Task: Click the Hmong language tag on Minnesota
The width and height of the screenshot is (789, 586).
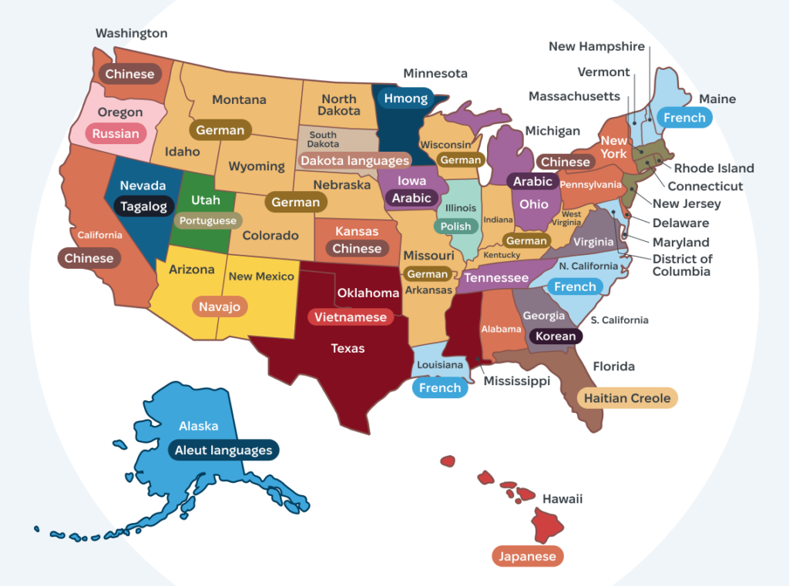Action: pos(405,99)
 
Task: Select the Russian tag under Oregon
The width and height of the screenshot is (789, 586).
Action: pos(116,134)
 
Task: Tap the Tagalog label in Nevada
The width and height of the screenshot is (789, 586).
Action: pos(143,206)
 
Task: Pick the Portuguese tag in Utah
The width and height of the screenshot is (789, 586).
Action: pos(207,221)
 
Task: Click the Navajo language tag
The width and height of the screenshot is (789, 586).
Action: pos(220,306)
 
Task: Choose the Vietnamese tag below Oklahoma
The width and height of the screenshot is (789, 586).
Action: pos(350,317)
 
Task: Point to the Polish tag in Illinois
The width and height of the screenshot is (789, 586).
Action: pos(455,226)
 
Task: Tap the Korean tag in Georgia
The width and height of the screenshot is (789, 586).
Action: pos(555,336)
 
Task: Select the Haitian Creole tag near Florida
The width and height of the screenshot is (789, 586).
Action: pos(627,398)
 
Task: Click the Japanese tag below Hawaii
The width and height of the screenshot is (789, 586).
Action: pos(528,556)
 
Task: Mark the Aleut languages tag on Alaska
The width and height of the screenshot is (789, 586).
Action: pos(223,450)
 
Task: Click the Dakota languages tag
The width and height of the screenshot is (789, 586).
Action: pos(354,161)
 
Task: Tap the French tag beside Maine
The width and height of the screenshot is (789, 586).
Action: pos(684,118)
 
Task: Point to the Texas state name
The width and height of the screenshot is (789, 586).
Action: pos(347,349)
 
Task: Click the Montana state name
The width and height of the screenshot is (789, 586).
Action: pos(239,99)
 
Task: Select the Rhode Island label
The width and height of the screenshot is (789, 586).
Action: pos(713,168)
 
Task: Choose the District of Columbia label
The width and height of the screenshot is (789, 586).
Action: pos(682,265)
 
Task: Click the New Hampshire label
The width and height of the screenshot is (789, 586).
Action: pos(596,46)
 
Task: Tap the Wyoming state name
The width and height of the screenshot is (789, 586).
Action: pos(257,166)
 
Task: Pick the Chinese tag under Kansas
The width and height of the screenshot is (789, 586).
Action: pos(357,249)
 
